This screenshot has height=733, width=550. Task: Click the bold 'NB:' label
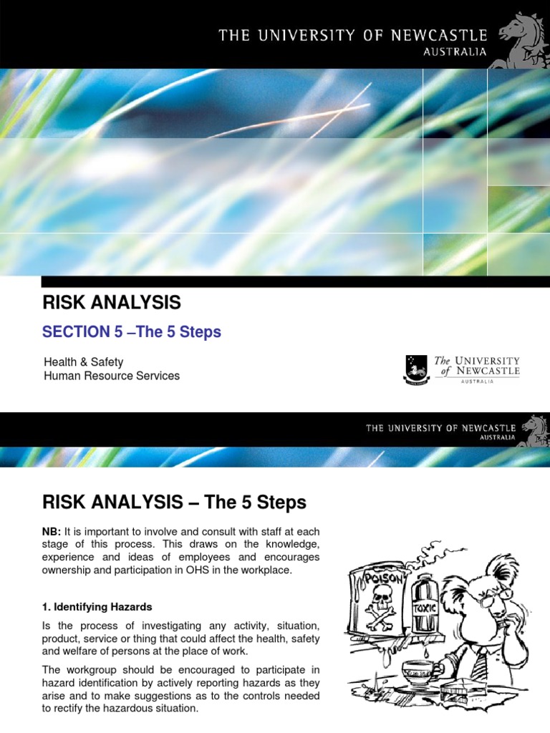coord(53,531)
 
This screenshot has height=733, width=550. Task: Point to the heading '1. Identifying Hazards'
coord(98,606)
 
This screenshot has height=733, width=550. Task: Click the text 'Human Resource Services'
coord(112,376)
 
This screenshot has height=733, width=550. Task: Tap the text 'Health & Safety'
coord(84,362)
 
